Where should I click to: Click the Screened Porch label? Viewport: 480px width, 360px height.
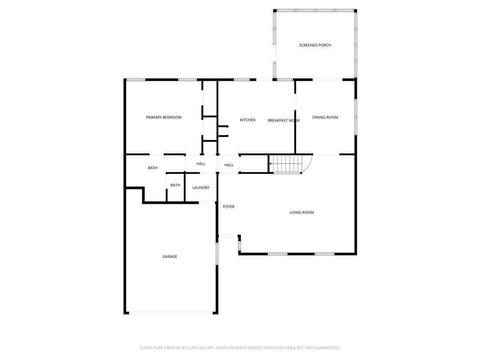pos(315,45)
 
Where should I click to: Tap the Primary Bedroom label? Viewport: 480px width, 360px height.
pos(164,117)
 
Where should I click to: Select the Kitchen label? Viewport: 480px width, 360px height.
pos(247,120)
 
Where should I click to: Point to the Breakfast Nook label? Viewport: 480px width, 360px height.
pos(284,120)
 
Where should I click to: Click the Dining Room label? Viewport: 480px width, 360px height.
pos(325,117)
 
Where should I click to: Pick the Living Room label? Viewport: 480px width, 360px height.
pos(301,212)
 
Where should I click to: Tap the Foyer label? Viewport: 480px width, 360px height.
pos(228,207)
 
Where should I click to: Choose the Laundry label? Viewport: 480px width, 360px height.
pos(201,187)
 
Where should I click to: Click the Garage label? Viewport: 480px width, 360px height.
pos(170,256)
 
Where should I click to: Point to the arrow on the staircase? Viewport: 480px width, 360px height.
pos(270,164)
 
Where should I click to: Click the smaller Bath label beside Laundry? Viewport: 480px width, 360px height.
pos(175,185)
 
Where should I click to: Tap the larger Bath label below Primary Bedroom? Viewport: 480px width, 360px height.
pos(153,168)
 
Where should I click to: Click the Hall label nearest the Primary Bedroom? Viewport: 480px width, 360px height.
pos(201,164)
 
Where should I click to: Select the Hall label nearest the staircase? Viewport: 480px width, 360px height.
pos(229,165)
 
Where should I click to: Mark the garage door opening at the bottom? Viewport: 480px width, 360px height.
pos(171,313)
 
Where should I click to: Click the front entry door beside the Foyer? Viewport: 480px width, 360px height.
pos(228,236)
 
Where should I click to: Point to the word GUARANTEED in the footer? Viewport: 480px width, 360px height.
pos(325,348)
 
